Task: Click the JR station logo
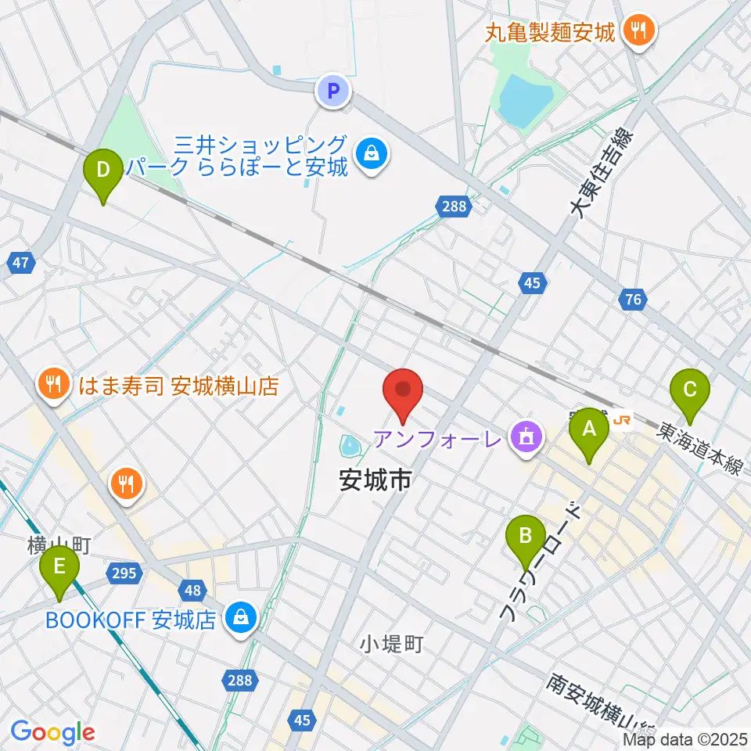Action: [x=623, y=421]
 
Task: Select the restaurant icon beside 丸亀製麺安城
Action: [x=640, y=31]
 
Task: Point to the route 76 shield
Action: [x=634, y=297]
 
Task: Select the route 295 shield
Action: [x=124, y=573]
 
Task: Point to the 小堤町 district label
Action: [x=392, y=644]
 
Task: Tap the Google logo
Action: [x=52, y=732]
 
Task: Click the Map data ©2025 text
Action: [x=685, y=738]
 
